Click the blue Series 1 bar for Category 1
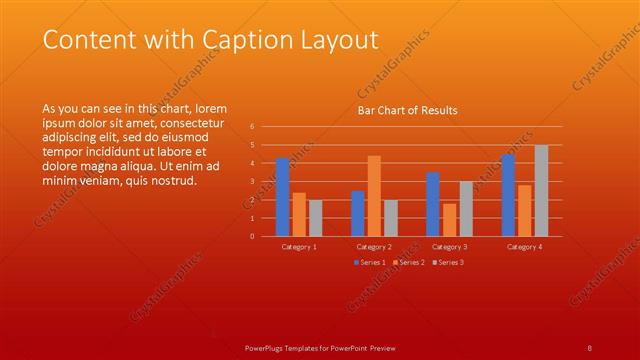click(x=282, y=197)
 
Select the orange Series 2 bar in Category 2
click(x=374, y=196)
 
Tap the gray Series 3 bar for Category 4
click(x=541, y=191)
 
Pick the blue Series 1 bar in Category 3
click(x=433, y=204)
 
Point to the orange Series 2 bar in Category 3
click(x=449, y=220)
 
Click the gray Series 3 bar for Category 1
click(x=315, y=218)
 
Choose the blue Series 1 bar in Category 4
click(x=508, y=195)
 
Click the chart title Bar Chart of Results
click(x=407, y=111)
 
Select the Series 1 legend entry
click(x=369, y=262)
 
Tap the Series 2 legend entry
click(x=407, y=262)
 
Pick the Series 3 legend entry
click(x=447, y=262)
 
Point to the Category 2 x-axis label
click(x=374, y=246)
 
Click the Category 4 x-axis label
click(x=524, y=246)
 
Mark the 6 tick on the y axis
click(x=252, y=127)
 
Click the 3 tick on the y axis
click(x=252, y=181)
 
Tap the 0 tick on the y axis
click(x=252, y=236)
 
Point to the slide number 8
click(x=590, y=346)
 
